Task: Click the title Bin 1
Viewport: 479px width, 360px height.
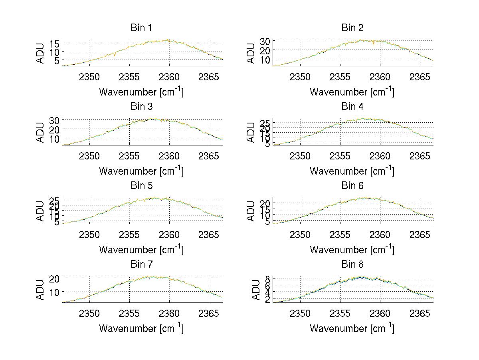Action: pos(141,28)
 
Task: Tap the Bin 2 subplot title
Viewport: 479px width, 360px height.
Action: pos(352,28)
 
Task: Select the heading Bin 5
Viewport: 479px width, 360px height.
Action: pos(141,186)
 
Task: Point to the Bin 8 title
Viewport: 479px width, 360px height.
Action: pos(352,265)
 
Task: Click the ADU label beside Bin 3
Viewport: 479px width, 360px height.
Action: pos(41,132)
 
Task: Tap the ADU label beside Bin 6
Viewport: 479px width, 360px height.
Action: pos(251,211)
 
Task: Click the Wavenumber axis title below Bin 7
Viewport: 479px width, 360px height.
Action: pos(141,328)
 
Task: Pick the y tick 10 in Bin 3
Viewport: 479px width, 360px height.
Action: pos(55,138)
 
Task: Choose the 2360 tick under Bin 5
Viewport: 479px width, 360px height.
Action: pos(169,234)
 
